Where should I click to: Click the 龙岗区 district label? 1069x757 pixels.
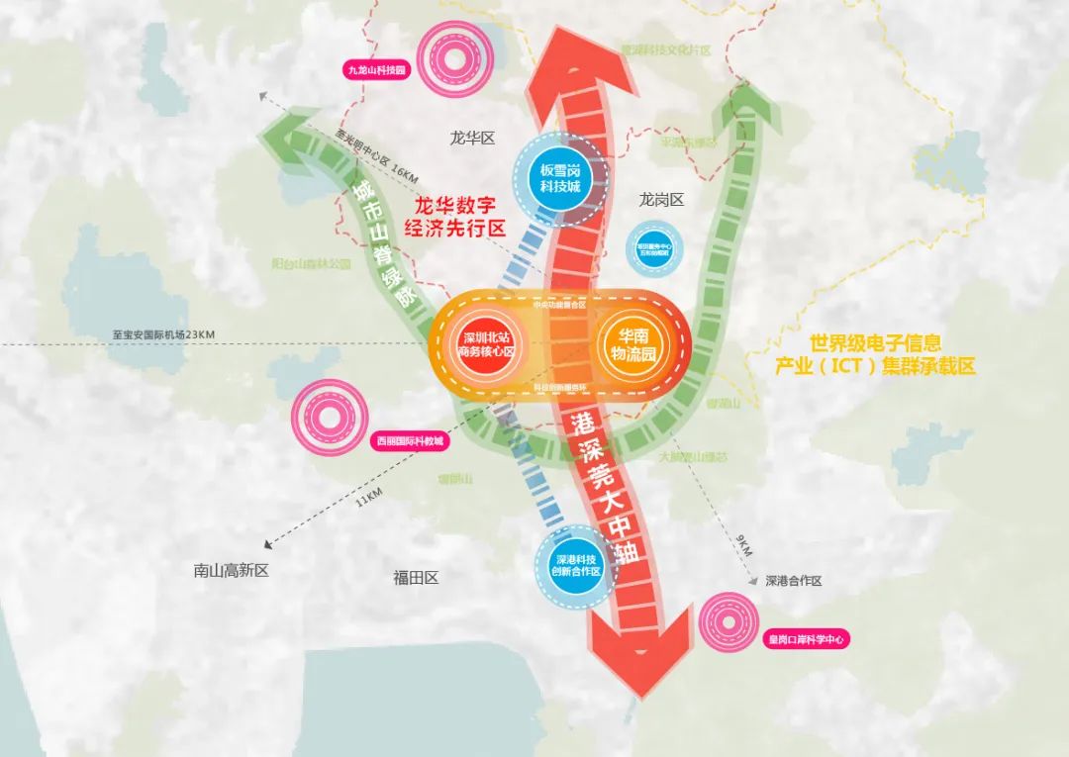[x=661, y=199]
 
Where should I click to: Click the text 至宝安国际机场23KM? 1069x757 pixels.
[x=164, y=335]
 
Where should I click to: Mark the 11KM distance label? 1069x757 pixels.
[x=367, y=494]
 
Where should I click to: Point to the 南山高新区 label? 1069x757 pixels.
[x=232, y=570]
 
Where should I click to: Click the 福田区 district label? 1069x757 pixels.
[x=416, y=577]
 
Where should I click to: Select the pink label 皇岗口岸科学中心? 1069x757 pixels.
[x=806, y=640]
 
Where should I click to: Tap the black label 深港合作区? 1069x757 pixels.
[x=793, y=581]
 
